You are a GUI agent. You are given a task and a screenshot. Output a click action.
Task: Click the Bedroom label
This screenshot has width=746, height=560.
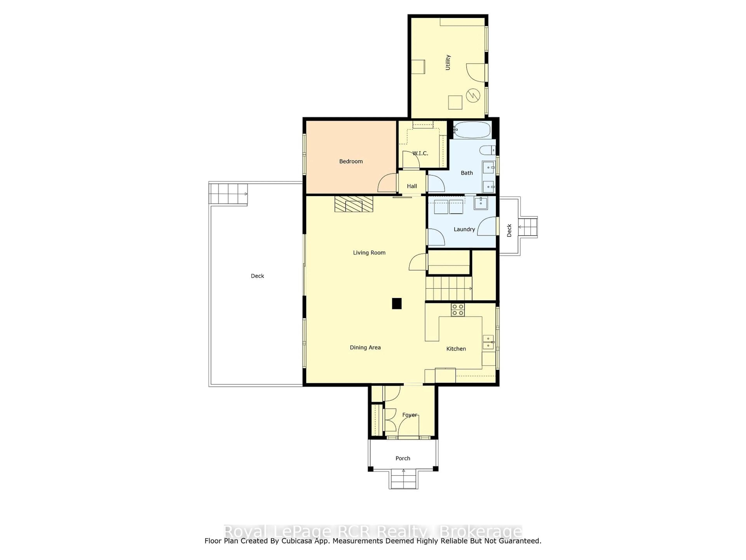point(351,161)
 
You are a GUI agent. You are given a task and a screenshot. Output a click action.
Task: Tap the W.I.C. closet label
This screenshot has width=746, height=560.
point(420,153)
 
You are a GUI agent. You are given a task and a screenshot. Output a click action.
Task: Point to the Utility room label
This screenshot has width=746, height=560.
point(448,62)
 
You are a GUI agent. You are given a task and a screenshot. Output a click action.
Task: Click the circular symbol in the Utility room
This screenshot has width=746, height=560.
point(473,95)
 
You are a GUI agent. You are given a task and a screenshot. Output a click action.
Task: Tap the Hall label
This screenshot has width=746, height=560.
point(412,186)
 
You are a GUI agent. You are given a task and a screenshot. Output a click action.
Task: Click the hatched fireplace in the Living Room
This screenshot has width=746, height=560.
point(354,204)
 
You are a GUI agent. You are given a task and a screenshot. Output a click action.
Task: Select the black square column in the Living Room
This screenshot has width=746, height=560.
point(397,304)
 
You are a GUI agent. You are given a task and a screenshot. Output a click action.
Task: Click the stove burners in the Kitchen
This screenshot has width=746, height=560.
point(458,310)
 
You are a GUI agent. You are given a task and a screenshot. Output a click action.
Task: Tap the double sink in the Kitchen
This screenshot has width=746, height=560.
point(488,342)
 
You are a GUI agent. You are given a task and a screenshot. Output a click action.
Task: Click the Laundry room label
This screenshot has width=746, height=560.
point(464,229)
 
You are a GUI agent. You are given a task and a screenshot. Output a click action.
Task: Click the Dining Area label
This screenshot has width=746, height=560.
point(365,347)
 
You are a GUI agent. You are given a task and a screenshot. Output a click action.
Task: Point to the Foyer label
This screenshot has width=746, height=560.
point(409,415)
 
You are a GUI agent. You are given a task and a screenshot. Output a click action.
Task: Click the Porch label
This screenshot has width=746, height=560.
point(403,458)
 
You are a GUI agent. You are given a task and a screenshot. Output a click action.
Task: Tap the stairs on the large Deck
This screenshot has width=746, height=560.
point(228,194)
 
